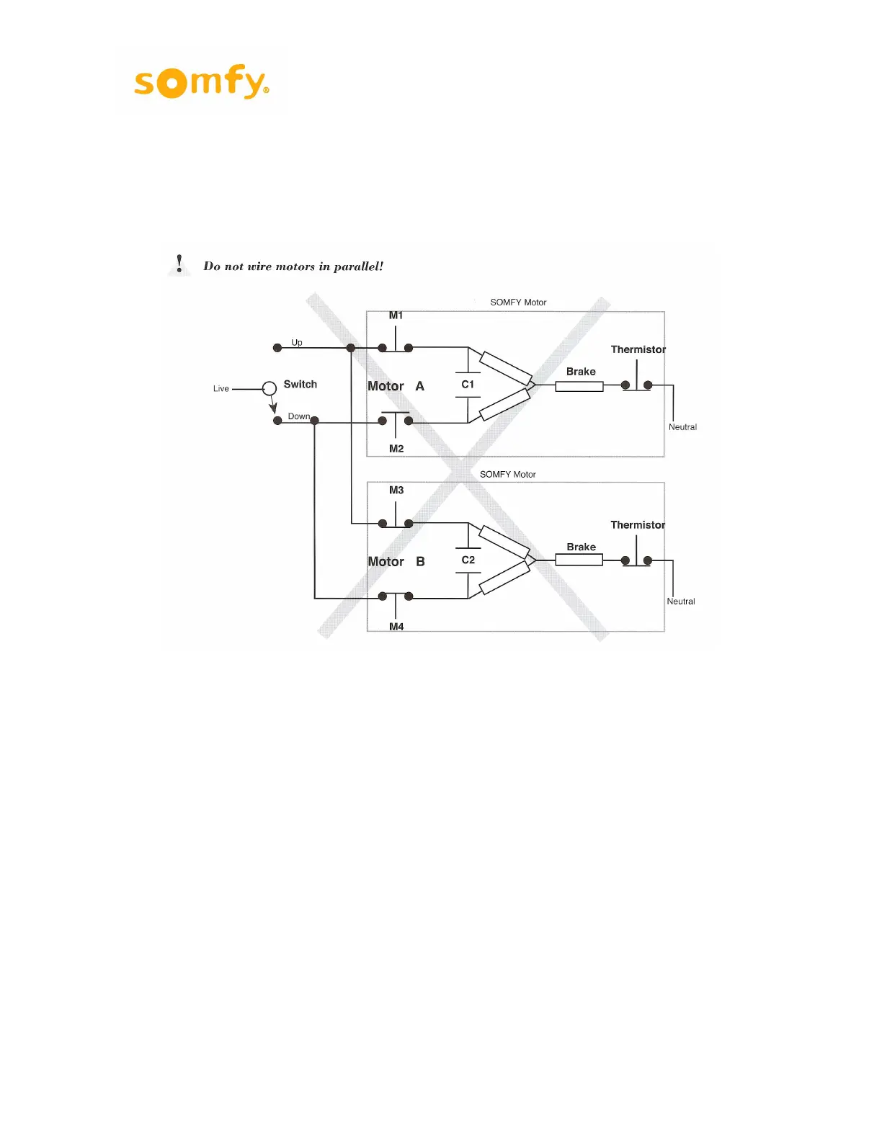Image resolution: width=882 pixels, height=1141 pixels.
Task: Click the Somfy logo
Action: click(201, 81)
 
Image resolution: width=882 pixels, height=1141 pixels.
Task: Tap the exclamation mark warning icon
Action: click(179, 264)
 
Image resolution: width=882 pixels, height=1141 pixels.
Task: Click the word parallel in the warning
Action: click(358, 267)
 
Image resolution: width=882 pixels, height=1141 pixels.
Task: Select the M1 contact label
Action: click(396, 316)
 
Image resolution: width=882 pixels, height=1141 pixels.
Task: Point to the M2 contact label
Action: click(396, 449)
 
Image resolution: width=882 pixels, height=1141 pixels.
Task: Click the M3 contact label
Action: click(396, 491)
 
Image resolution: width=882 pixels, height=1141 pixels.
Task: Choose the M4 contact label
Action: click(396, 627)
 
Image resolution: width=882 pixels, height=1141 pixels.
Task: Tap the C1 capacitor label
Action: click(468, 385)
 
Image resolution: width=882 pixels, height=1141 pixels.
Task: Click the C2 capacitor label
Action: click(468, 560)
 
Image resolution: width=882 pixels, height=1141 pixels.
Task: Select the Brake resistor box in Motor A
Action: click(579, 387)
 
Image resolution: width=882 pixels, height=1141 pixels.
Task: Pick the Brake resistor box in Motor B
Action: click(579, 560)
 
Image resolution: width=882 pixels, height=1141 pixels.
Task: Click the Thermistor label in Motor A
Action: click(638, 349)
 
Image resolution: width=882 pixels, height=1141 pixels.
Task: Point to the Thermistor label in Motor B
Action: click(638, 525)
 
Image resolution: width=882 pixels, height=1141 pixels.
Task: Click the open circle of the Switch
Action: click(269, 388)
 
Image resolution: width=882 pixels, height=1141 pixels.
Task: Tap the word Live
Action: click(221, 389)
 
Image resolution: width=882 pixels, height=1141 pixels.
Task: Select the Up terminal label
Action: click(297, 343)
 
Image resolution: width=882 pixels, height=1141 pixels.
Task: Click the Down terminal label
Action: click(298, 416)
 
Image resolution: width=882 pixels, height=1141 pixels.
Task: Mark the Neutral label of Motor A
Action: click(682, 427)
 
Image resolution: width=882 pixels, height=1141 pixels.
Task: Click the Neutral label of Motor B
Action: click(681, 601)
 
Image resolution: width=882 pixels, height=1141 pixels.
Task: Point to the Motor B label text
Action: click(396, 562)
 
